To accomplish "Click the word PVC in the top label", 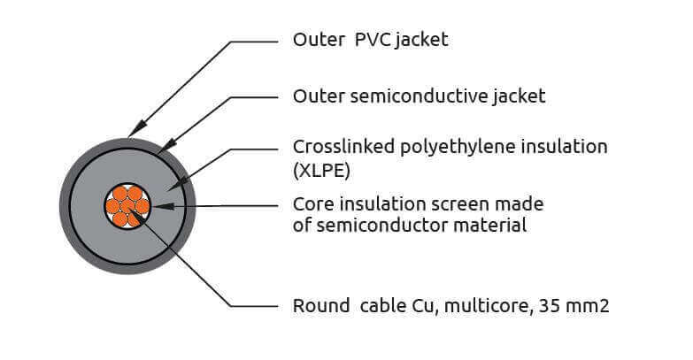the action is point(373,40).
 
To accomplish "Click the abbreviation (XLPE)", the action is point(321,171).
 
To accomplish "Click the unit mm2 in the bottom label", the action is point(587,306).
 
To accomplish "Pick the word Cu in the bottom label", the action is point(425,306).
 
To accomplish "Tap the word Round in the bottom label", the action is point(321,306).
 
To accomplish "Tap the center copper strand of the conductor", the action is point(127,206).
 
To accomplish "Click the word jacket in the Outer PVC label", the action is point(422,40).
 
